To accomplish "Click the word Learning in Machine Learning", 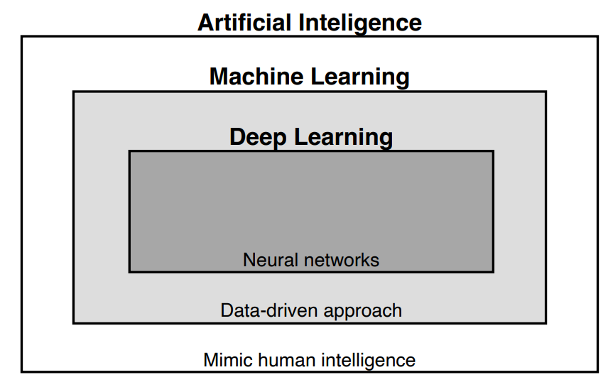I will pyautogui.click(x=361, y=77).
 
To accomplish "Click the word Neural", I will pyautogui.click(x=266, y=260).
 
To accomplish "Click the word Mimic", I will pyautogui.click(x=224, y=359).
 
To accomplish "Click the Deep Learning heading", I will pyautogui.click(x=311, y=137).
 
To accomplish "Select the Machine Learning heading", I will pyautogui.click(x=310, y=77).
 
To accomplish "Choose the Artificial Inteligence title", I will pyautogui.click(x=310, y=23).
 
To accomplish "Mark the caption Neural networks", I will pyautogui.click(x=311, y=260).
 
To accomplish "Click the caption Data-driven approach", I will pyautogui.click(x=311, y=310).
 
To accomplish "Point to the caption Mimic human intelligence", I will pyautogui.click(x=310, y=359).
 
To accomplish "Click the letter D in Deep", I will pyautogui.click(x=237, y=137).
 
